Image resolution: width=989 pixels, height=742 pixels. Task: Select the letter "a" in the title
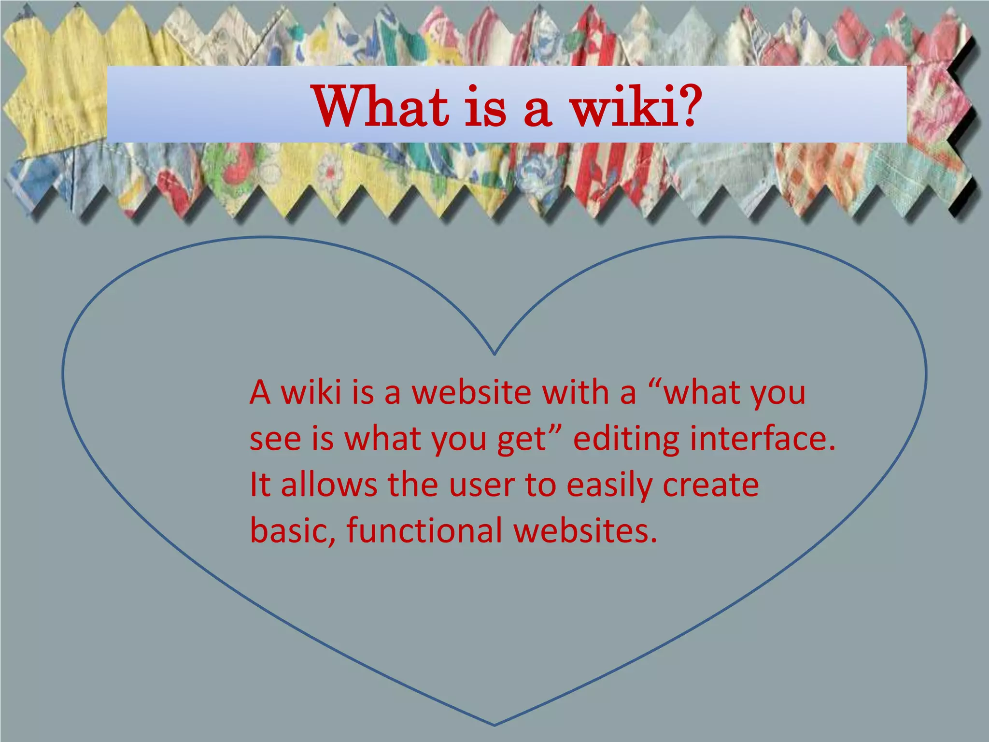pos(537,110)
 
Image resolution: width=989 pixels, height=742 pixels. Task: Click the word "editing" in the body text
pos(626,439)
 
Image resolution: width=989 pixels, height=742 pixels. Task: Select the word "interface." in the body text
pos(763,438)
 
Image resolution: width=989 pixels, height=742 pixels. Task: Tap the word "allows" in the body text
pos(328,485)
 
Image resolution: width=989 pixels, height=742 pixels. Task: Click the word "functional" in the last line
pos(424,530)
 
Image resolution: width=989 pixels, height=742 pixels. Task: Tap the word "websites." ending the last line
pos(585,530)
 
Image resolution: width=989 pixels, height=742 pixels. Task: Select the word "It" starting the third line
pos(259,485)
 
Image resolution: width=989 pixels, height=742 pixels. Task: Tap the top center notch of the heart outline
pos(494,355)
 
